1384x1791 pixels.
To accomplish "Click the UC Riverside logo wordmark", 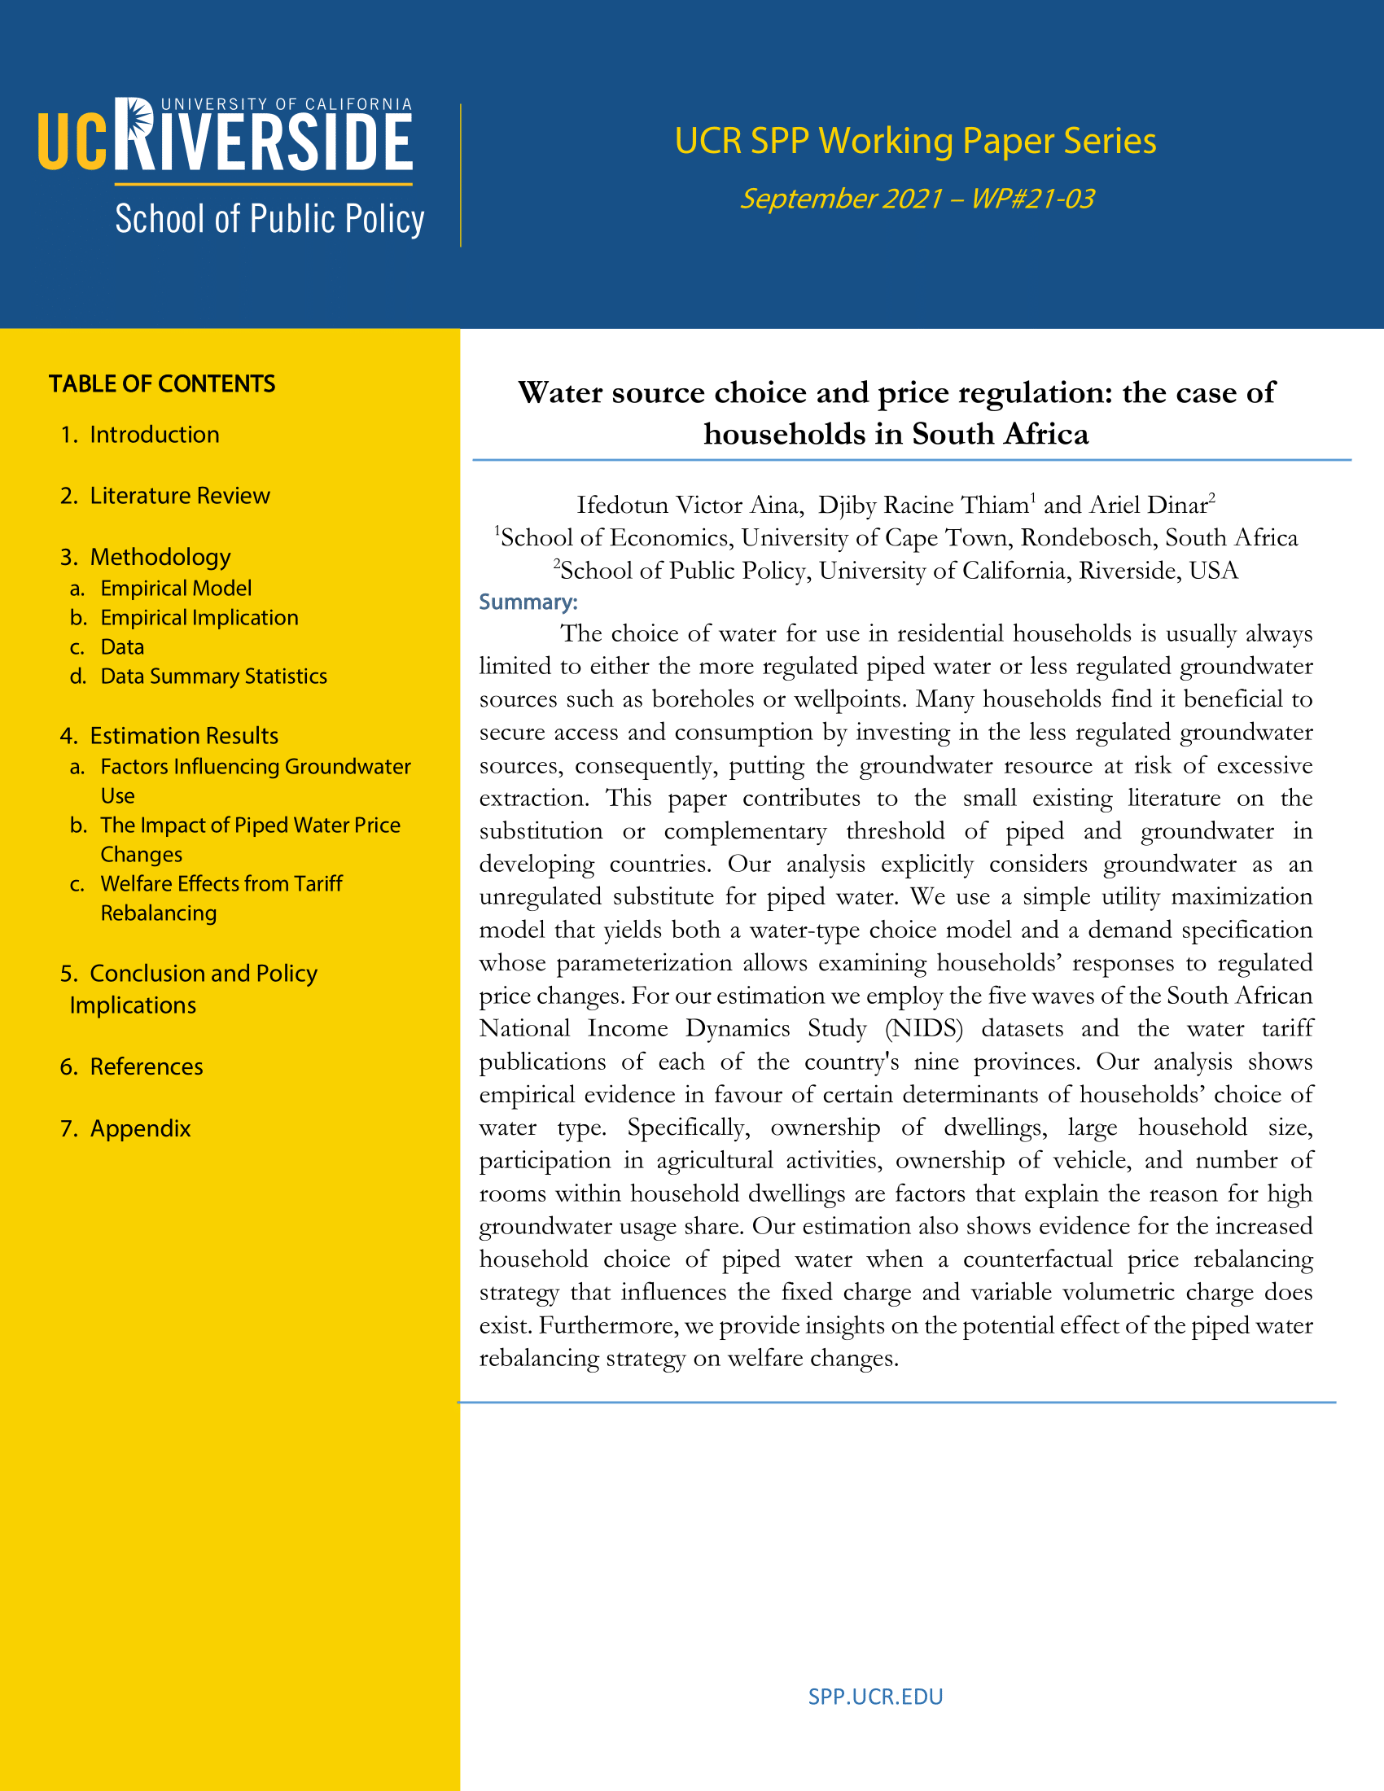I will [226, 138].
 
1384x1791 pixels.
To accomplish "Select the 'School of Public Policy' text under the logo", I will [269, 219].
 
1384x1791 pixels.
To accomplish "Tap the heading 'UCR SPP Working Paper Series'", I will [915, 141].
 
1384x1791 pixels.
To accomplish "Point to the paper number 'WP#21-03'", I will [1032, 199].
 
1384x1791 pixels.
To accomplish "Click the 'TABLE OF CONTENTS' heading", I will [162, 383].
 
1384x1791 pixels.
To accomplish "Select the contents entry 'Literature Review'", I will [180, 496].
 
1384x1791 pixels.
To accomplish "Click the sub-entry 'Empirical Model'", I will [176, 588].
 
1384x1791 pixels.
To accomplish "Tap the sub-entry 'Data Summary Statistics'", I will [213, 677].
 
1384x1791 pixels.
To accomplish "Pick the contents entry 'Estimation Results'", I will [184, 736].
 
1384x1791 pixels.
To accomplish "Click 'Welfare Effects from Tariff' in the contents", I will [221, 884].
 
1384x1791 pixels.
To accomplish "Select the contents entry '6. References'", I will [146, 1067].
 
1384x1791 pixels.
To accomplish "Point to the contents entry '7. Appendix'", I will [139, 1128].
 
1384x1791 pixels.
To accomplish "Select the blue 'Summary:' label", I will [528, 602].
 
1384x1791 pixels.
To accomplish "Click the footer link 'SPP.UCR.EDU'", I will [875, 1697].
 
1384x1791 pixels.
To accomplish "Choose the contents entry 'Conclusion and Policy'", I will [203, 974].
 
